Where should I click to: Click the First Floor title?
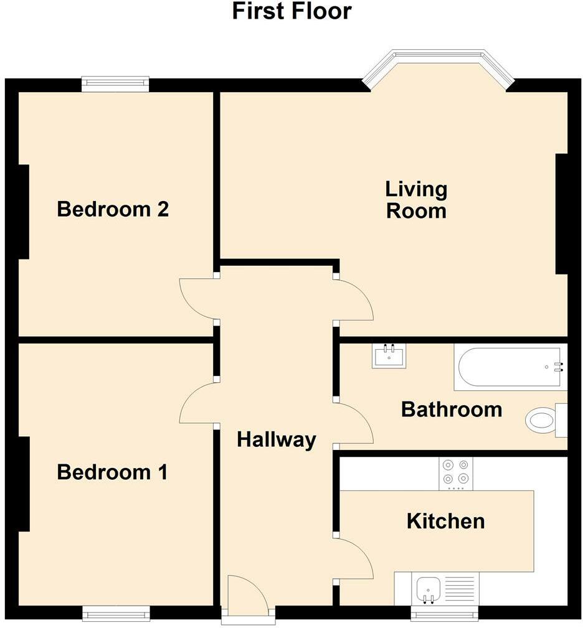point(291,11)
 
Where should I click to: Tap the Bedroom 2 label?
point(113,209)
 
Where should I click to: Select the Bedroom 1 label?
point(112,472)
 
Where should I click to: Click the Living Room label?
point(416,199)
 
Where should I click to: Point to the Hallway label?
point(277,440)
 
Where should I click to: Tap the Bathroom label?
point(452,410)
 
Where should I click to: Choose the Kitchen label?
point(445,521)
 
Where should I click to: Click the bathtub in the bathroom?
point(510,367)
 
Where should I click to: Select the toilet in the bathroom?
point(545,419)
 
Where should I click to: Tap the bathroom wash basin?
point(389,356)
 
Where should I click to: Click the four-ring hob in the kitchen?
point(456,473)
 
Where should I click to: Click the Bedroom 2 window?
point(115,83)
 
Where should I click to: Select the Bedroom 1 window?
point(115,614)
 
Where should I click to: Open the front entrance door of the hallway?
point(248,598)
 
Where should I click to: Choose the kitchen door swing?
point(353,559)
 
